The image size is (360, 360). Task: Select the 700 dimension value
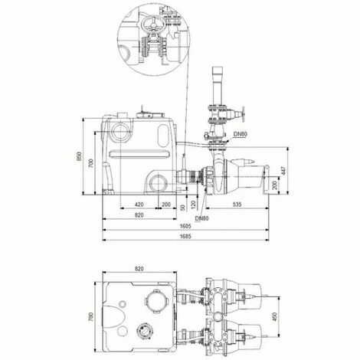pyautogui.click(x=90, y=163)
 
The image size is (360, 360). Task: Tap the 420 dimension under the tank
pyautogui.click(x=139, y=205)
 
